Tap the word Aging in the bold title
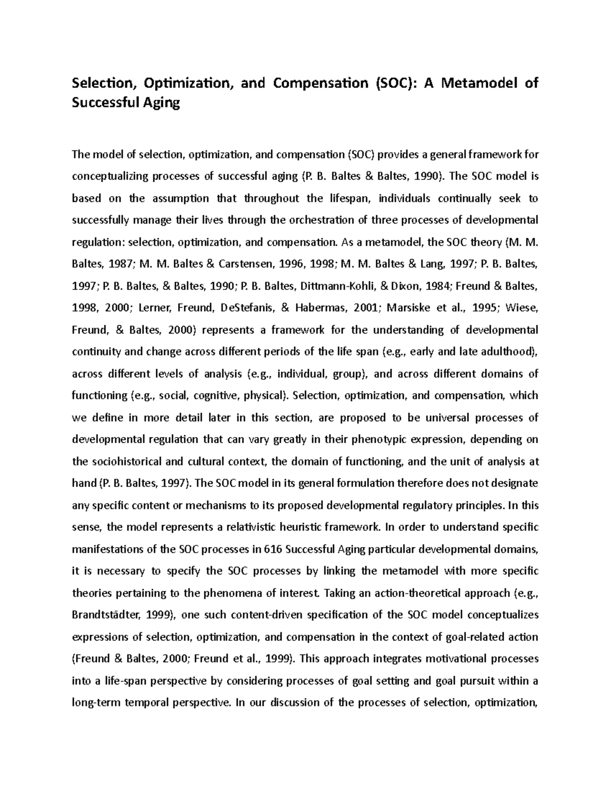(x=160, y=103)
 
